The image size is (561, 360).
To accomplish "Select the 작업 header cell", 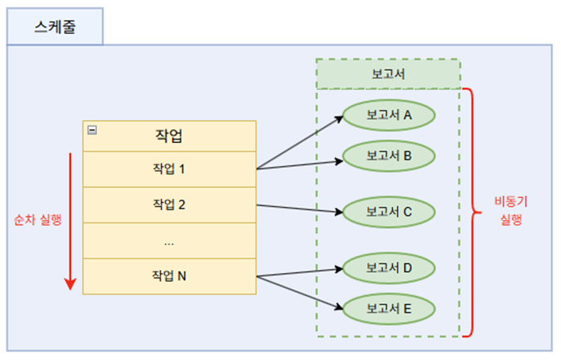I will pos(169,135).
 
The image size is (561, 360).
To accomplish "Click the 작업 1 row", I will pos(169,169).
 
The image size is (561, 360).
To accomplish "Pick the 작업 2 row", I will pos(169,204).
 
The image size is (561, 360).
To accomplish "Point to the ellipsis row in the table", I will pos(169,241).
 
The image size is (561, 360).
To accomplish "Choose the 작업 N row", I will pos(169,276).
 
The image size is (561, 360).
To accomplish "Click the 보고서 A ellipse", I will pos(389,115).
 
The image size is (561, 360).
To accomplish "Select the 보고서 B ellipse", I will pos(389,156).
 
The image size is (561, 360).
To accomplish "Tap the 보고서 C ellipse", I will pos(389,212).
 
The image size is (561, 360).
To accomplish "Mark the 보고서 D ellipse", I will pos(389,268).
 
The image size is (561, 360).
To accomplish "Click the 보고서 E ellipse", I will pos(389,309).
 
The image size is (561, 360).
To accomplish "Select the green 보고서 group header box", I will pos(388,74).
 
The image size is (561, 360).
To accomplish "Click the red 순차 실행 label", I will pos(38,219).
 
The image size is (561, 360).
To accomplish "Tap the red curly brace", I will pos(471,212).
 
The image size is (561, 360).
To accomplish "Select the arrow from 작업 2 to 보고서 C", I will pos(300,208).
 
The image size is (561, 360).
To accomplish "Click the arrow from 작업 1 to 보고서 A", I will pos(300,143).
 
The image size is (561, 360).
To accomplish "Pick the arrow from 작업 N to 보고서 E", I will pos(300,291).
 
